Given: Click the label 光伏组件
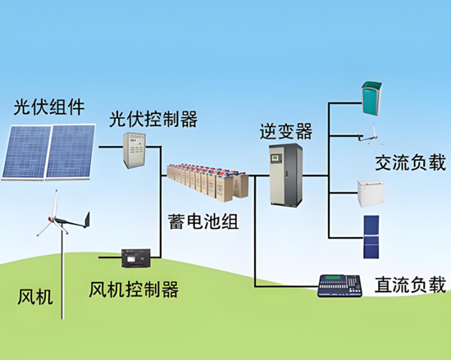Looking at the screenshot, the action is click(x=49, y=107).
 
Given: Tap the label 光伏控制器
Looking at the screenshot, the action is click(x=153, y=119).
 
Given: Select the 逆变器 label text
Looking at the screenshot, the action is click(x=286, y=131).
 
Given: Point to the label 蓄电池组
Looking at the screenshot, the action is click(x=203, y=221).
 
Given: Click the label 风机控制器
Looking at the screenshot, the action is click(x=134, y=289).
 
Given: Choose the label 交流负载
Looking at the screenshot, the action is click(x=410, y=162).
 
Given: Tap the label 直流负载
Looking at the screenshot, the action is click(x=410, y=285).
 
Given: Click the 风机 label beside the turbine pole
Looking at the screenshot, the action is click(x=35, y=297).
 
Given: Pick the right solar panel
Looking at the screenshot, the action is click(x=71, y=151).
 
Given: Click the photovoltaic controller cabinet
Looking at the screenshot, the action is click(x=134, y=150).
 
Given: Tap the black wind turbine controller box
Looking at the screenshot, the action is click(x=136, y=258).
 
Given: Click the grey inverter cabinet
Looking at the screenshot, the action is click(x=286, y=175).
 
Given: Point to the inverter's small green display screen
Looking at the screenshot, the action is click(x=275, y=158).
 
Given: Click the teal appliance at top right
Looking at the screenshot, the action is click(x=372, y=98).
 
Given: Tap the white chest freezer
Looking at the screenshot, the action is click(x=371, y=194).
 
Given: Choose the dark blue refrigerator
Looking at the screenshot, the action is click(x=371, y=237).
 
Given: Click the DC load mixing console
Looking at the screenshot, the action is click(x=339, y=286).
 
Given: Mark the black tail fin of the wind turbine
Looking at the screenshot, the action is click(x=87, y=221).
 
